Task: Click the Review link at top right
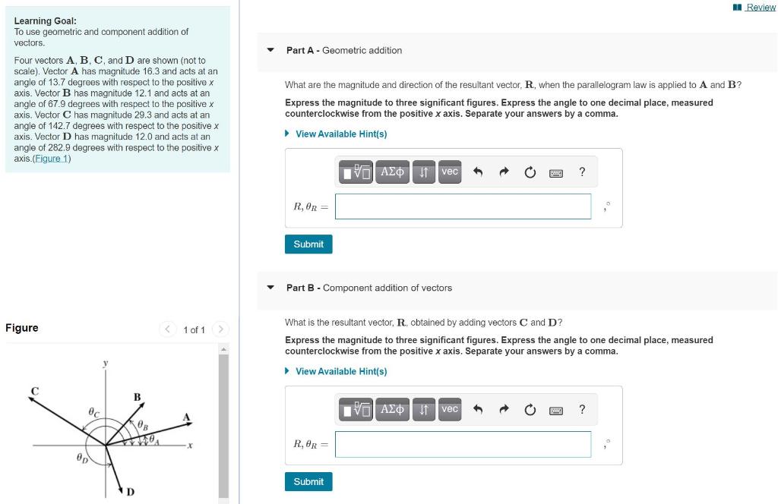click(x=760, y=8)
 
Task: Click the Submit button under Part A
click(x=308, y=244)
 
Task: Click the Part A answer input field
click(x=463, y=206)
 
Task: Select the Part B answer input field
click(x=463, y=444)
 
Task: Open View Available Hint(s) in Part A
click(x=340, y=134)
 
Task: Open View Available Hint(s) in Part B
click(x=340, y=372)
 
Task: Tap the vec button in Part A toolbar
click(x=450, y=172)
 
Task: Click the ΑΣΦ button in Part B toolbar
click(x=392, y=410)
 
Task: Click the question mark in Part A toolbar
click(x=582, y=172)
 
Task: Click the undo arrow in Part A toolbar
click(x=478, y=172)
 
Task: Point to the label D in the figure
click(x=130, y=492)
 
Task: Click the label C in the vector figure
click(x=34, y=391)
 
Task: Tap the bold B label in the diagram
click(x=137, y=397)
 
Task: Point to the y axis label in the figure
click(x=105, y=364)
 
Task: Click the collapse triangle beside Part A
click(x=270, y=50)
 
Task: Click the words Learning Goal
click(x=45, y=21)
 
